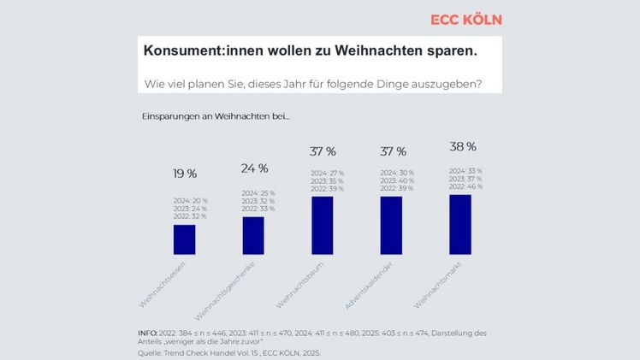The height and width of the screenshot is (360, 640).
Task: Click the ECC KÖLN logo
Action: (465, 20)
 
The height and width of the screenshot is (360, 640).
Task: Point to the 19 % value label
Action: (185, 174)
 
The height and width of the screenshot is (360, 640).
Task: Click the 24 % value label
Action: (254, 168)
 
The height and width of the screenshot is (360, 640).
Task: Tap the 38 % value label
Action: (462, 147)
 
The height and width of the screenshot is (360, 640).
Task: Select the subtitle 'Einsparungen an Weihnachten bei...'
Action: (216, 115)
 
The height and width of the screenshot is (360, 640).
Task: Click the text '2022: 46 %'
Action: (465, 186)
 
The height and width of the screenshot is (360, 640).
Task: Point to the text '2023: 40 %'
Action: (396, 180)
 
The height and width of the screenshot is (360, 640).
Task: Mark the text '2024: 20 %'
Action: (190, 200)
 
